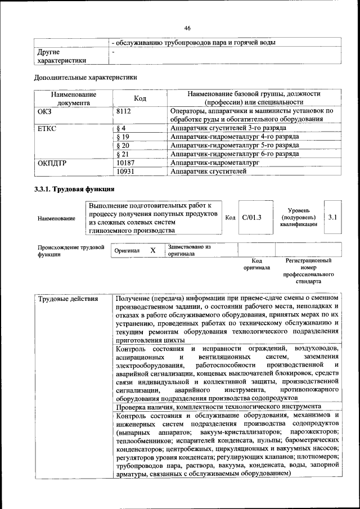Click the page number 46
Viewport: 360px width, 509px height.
click(x=187, y=28)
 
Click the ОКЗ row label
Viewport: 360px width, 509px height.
click(x=44, y=111)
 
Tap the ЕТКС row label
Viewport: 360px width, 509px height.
click(x=47, y=128)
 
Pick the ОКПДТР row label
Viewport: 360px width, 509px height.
click(x=52, y=163)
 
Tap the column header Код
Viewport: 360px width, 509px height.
click(x=140, y=98)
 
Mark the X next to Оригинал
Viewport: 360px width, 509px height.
click(x=152, y=250)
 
